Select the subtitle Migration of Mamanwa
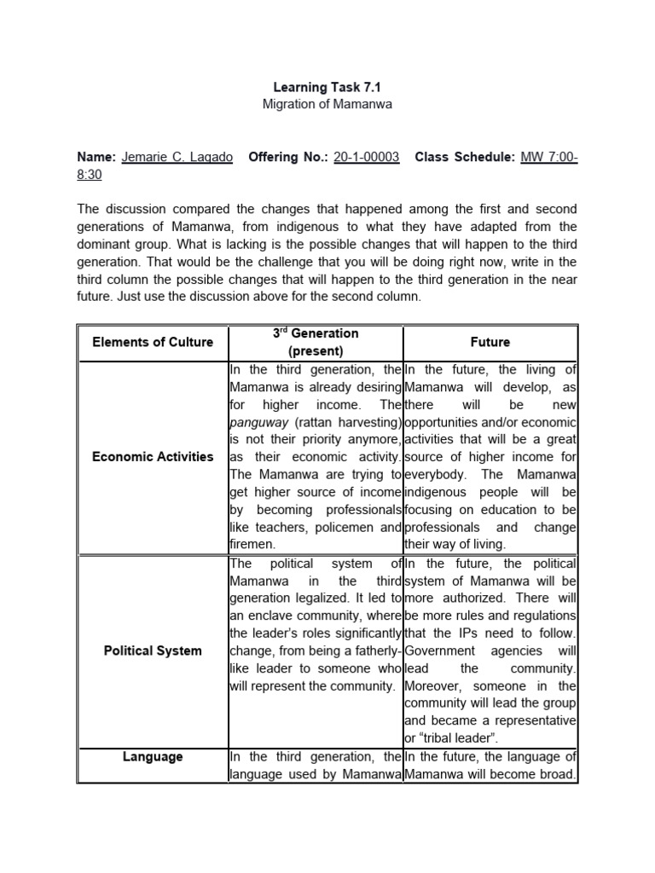pyautogui.click(x=327, y=104)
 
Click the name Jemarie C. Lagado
pyautogui.click(x=177, y=158)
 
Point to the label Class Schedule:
pyautogui.click(x=465, y=158)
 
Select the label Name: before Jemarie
pyautogui.click(x=97, y=158)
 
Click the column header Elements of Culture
pyautogui.click(x=154, y=342)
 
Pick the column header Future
pyautogui.click(x=490, y=342)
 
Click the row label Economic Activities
pyautogui.click(x=154, y=456)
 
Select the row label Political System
pyautogui.click(x=154, y=650)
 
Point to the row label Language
pyautogui.click(x=154, y=756)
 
